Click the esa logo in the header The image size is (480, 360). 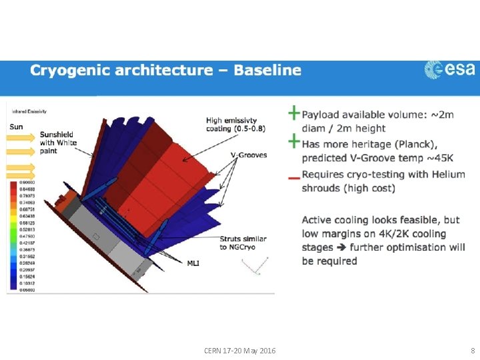450,69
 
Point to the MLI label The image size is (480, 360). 193,263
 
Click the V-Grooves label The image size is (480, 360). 248,155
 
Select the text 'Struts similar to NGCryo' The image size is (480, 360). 243,243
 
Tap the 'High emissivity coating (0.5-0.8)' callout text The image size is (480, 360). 235,125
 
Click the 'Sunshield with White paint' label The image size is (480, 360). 58,142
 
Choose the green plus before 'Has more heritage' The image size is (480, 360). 293,141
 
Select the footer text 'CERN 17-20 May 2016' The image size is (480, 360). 240,351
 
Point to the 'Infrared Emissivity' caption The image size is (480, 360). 23,111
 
